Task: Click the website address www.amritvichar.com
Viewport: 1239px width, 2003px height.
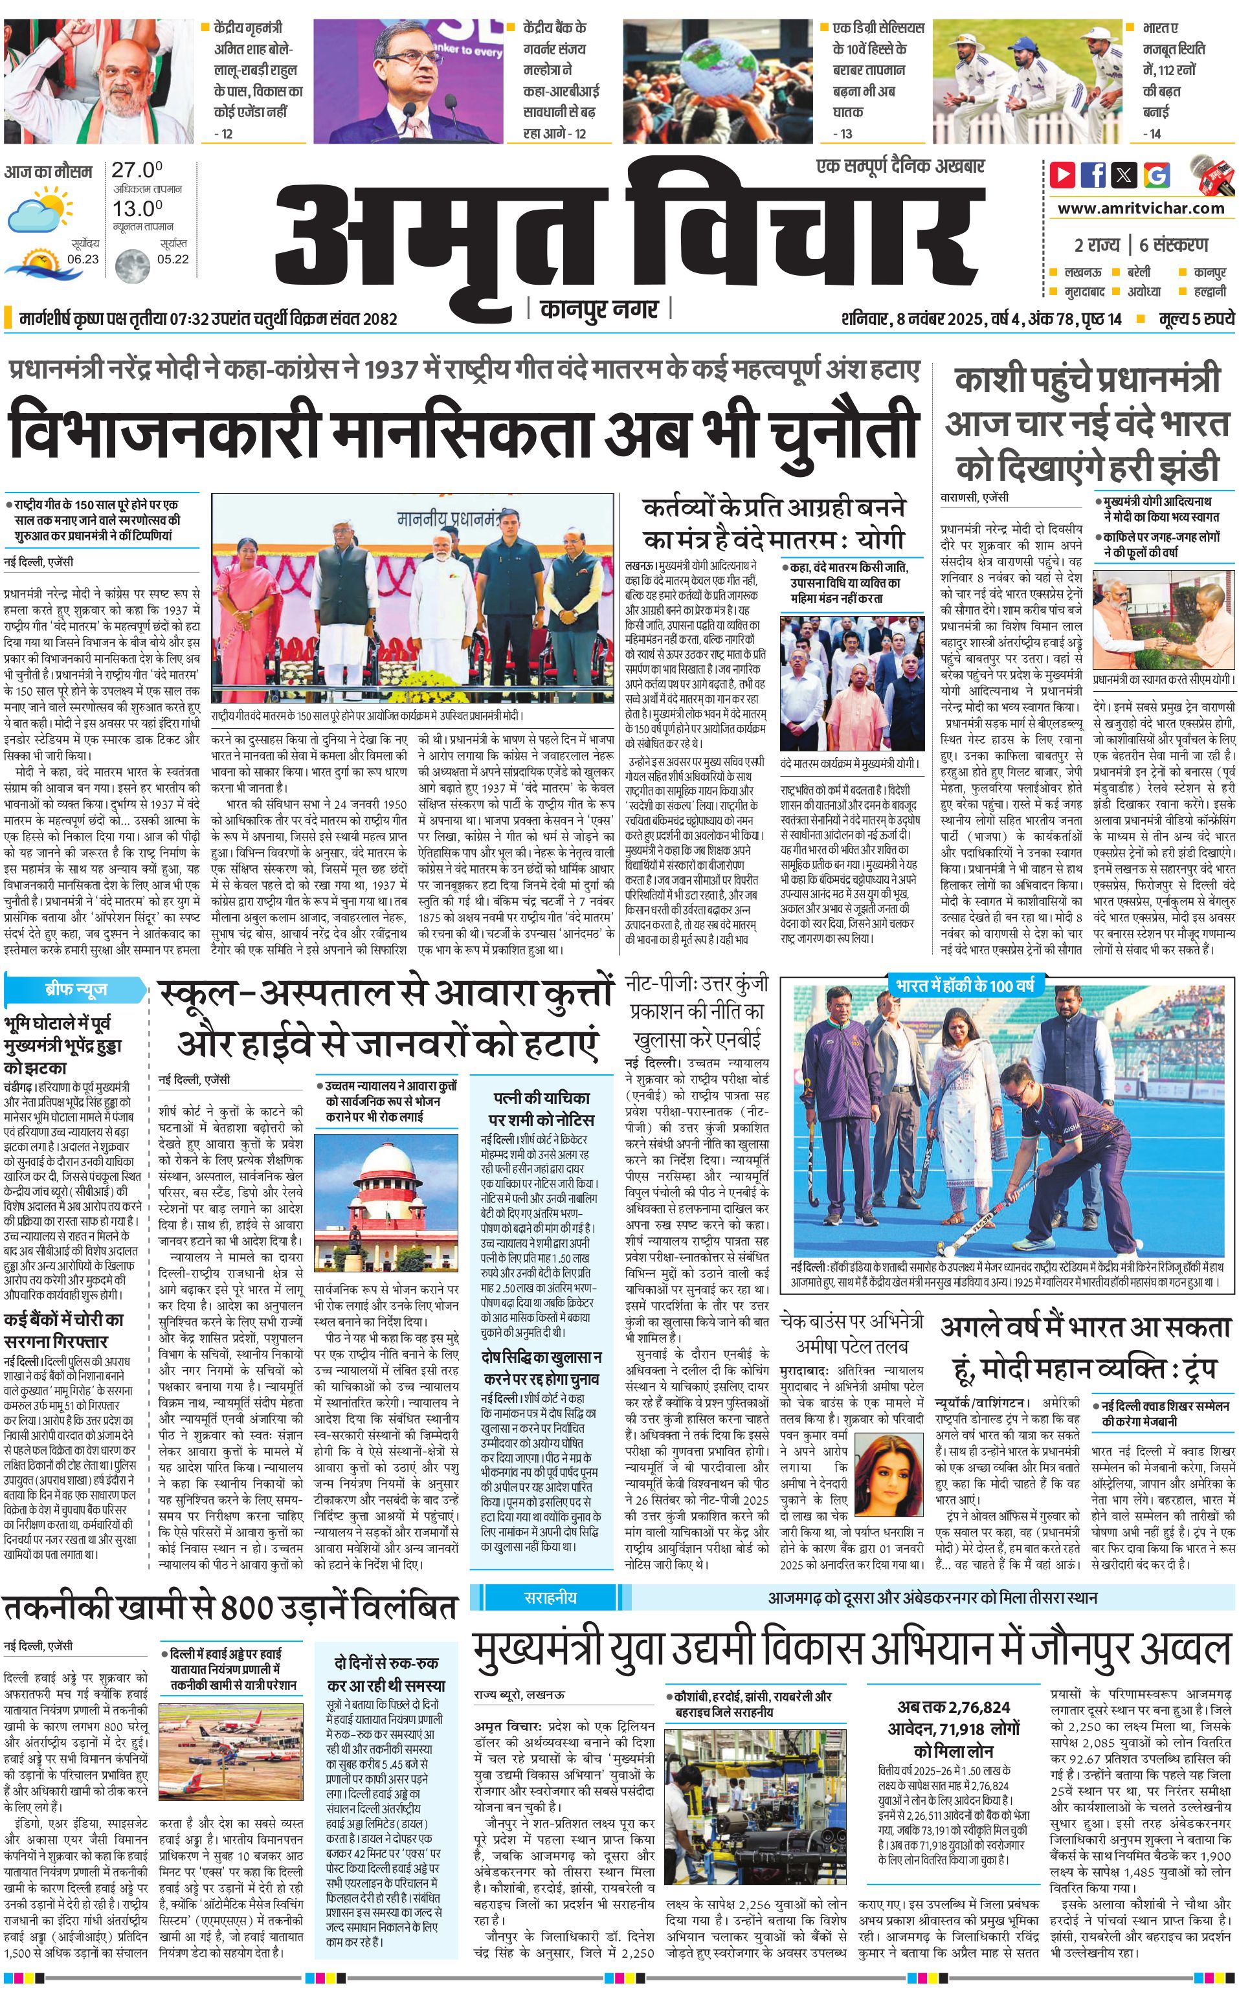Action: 1141,208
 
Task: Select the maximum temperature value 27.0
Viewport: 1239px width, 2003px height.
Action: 137,170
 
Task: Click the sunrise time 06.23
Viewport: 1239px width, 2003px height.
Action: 83,259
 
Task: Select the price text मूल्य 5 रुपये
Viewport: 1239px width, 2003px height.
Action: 1196,318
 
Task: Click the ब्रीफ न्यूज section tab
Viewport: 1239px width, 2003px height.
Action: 75,989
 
